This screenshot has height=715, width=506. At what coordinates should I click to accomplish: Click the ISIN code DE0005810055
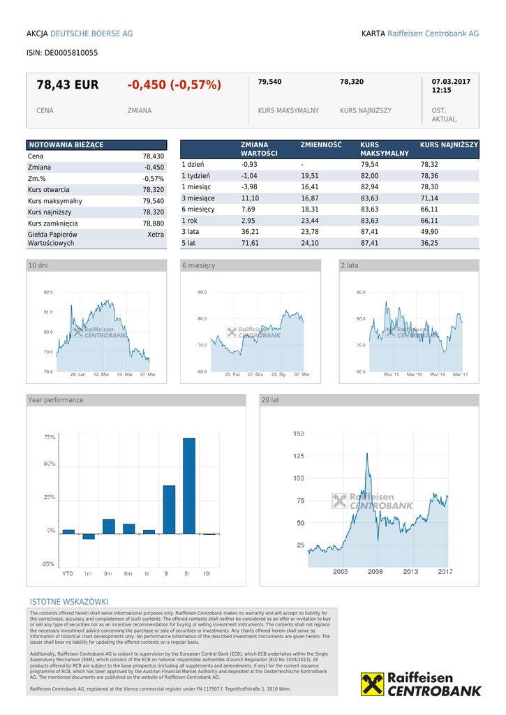click(71, 52)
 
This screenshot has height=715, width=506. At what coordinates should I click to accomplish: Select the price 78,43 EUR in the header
click(68, 85)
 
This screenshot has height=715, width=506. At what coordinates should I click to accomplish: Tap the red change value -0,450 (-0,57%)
click(174, 85)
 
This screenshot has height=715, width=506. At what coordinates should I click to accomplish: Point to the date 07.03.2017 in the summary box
click(451, 82)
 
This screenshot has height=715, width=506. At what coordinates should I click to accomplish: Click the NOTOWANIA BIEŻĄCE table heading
click(66, 145)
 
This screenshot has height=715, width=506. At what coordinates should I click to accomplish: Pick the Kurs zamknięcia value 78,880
click(153, 223)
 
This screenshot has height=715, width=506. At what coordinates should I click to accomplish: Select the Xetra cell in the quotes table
click(156, 235)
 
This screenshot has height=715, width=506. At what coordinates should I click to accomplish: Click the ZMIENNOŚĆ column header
click(321, 145)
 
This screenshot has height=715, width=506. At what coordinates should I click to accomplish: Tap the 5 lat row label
click(190, 243)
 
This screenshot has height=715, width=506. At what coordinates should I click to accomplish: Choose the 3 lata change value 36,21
click(250, 232)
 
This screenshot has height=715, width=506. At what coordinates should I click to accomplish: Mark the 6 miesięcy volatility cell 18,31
click(310, 209)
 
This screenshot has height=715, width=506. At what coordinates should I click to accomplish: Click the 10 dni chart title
click(38, 265)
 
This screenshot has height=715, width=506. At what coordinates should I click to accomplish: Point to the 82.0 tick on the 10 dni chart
click(48, 292)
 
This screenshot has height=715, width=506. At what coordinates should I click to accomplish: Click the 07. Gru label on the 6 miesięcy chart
click(255, 375)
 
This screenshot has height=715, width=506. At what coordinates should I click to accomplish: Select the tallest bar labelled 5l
click(188, 485)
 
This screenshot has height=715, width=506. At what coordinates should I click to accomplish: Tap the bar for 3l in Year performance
click(168, 509)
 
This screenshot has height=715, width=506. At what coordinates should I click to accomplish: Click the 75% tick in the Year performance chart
click(50, 437)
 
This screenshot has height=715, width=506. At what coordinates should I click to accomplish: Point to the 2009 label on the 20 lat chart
click(375, 572)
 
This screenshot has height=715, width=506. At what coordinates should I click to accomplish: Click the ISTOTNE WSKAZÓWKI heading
click(69, 602)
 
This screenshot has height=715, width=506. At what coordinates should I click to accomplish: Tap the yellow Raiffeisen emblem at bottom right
click(373, 684)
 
